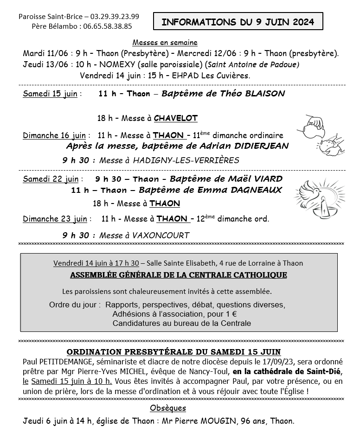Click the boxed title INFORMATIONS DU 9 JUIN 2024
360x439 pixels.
[238, 21]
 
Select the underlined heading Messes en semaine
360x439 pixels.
[165, 43]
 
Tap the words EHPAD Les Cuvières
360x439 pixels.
[218, 75]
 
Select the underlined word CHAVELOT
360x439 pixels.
[175, 118]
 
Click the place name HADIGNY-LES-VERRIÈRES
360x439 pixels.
[186, 160]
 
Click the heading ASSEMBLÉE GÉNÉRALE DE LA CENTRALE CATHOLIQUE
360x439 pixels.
[179, 275]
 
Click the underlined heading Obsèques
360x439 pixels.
[168, 408]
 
